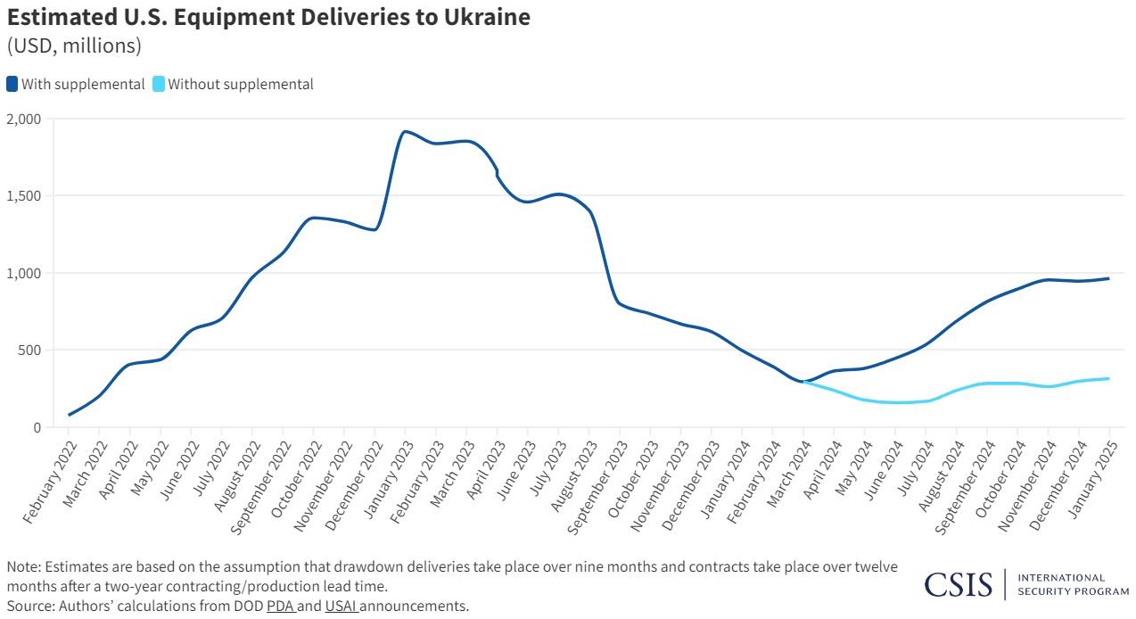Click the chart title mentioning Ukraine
268,17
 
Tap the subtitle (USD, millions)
74,45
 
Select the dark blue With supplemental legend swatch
12,85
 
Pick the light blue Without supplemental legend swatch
159,85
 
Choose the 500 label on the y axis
29,350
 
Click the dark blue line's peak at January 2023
406,131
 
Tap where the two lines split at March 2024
804,382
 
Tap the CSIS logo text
958,584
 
